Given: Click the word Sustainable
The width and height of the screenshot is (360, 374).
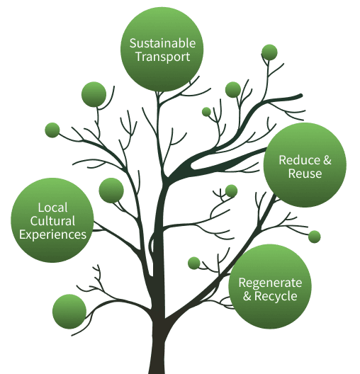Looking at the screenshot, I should pyautogui.click(x=162, y=43).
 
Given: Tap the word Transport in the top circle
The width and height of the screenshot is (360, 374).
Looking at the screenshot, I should pyautogui.click(x=162, y=57).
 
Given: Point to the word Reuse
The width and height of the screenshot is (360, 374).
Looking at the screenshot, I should pyautogui.click(x=305, y=174).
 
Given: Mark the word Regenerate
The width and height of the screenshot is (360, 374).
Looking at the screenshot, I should pyautogui.click(x=270, y=283).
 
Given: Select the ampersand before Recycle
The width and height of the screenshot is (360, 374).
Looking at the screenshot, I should pyautogui.click(x=247, y=296).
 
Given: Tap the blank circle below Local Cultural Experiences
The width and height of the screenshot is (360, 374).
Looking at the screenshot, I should pyautogui.click(x=69, y=311).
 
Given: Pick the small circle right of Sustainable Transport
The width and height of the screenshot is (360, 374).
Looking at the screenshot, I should pyautogui.click(x=269, y=52).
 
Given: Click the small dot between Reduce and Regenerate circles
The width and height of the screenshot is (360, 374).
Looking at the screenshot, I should pyautogui.click(x=315, y=237).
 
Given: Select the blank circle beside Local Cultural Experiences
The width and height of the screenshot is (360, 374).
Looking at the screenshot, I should pyautogui.click(x=111, y=190).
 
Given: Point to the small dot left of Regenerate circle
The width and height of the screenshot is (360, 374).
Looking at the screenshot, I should pyautogui.click(x=194, y=263).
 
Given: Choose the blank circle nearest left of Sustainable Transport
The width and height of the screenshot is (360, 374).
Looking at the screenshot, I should pyautogui.click(x=94, y=94).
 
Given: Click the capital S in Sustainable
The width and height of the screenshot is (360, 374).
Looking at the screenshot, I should pyautogui.click(x=133, y=43).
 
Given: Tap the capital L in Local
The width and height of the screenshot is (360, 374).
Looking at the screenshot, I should pyautogui.click(x=41, y=208).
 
